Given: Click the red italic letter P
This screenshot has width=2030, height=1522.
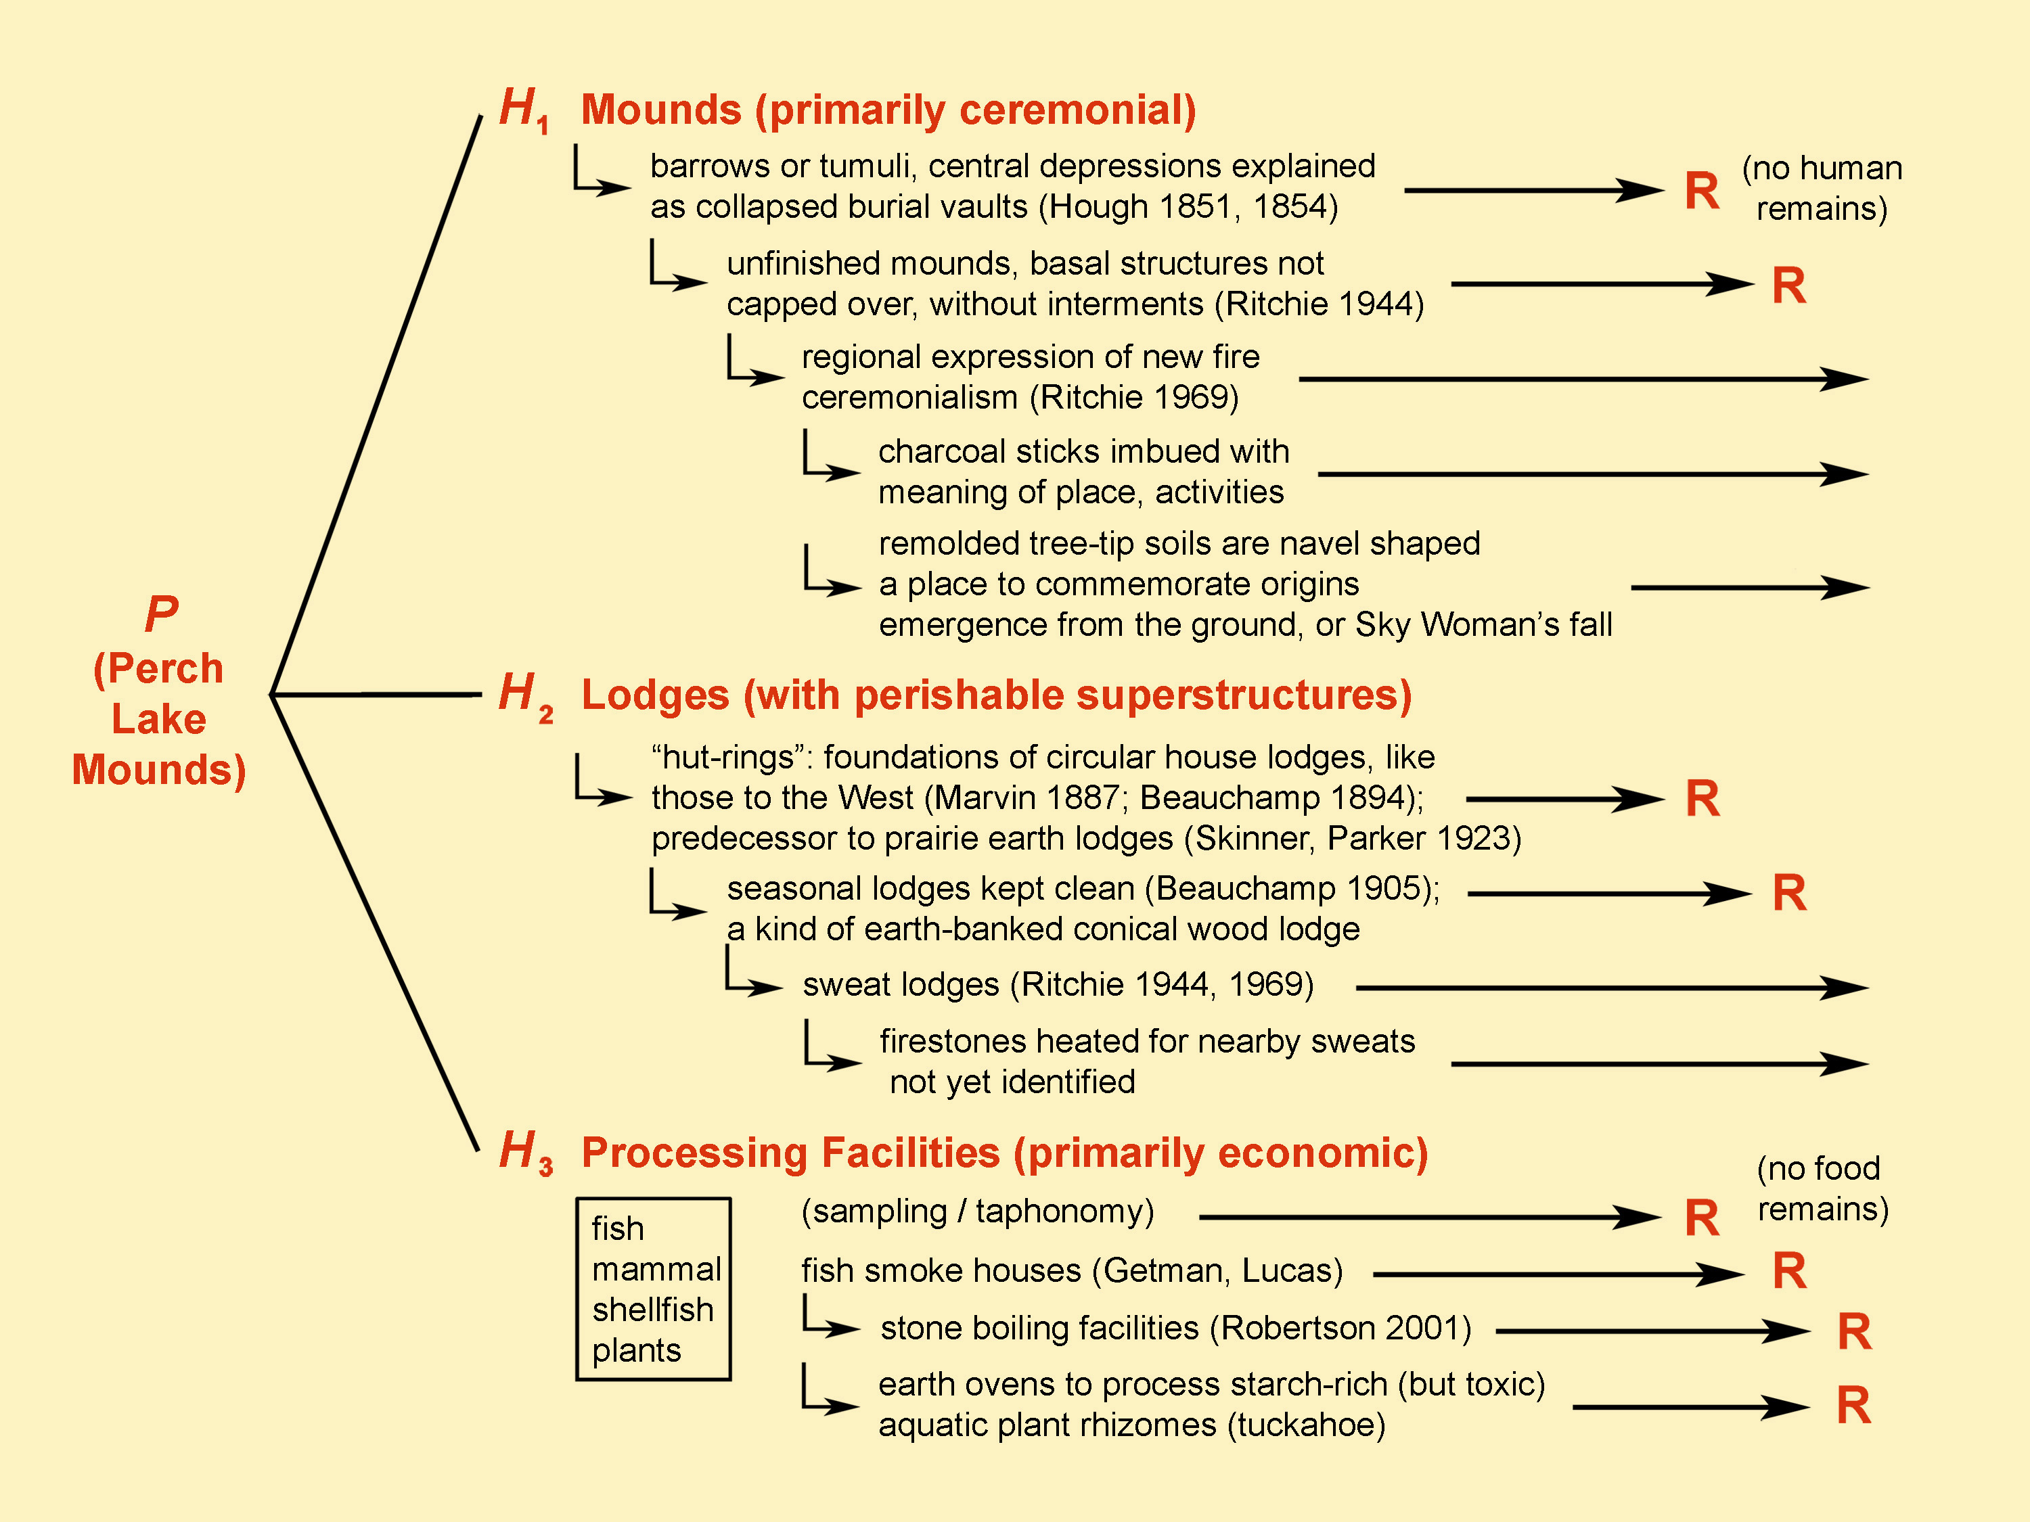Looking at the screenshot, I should click(162, 614).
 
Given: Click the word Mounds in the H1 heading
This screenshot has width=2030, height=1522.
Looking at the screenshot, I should click(660, 110).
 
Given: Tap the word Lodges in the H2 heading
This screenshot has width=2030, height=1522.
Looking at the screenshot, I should click(655, 695).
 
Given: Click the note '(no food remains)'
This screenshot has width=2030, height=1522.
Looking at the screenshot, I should click(1822, 1188).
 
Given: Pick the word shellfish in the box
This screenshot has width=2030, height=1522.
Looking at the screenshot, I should click(652, 1309).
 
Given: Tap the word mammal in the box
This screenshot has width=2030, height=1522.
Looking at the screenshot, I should click(656, 1269).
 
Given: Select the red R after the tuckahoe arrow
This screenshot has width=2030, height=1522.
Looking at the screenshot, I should click(1853, 1406).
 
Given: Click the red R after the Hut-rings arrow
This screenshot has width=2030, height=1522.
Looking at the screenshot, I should click(1702, 798).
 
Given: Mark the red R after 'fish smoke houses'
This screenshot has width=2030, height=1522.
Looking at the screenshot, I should click(1788, 1272).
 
